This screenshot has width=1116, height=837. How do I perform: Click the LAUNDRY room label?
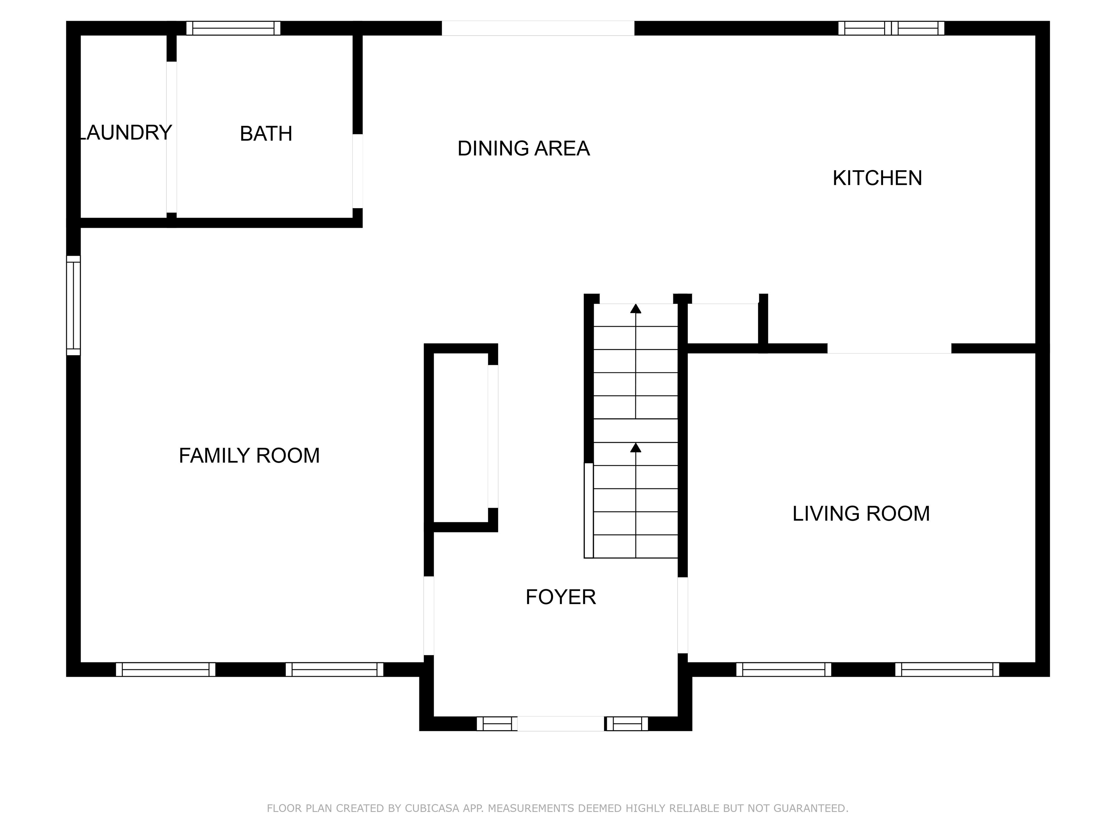pos(126,133)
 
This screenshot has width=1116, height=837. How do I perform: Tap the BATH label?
pos(266,134)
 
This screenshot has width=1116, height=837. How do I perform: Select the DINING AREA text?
pos(523,148)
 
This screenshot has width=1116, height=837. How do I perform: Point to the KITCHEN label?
pos(877,178)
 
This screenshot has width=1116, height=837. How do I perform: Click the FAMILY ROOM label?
pos(249,456)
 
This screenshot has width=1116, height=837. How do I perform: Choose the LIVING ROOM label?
pos(861,514)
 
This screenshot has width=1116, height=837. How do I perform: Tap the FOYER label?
pos(561,597)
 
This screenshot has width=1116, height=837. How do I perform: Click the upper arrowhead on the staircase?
pos(636,309)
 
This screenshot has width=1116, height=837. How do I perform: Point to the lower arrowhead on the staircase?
pos(636,448)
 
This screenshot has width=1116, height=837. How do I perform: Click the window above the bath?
pos(233,28)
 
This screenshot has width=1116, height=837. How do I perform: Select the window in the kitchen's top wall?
pos(891,28)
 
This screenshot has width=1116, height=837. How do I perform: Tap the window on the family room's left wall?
pos(74,305)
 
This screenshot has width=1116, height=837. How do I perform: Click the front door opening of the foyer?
pos(561,724)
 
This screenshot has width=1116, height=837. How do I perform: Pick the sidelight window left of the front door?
pos(497,724)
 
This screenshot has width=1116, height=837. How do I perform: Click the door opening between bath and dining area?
pos(357,171)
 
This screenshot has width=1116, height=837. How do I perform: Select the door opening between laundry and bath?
pos(171,137)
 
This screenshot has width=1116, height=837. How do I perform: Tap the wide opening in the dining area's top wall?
pos(538,28)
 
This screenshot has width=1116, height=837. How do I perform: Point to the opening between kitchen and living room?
pos(889,348)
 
